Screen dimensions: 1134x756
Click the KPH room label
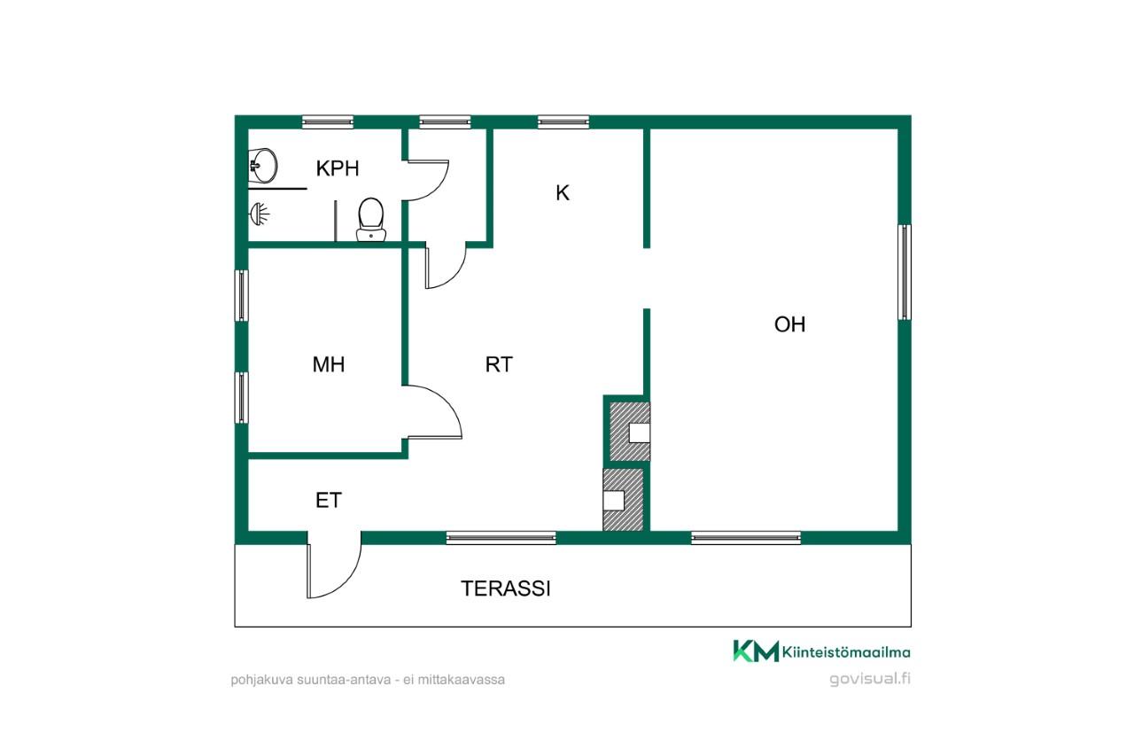[338, 168]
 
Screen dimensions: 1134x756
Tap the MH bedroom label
[329, 364]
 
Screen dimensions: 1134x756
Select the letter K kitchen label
[563, 193]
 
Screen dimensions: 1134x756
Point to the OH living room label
[789, 324]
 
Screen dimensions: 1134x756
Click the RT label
[499, 364]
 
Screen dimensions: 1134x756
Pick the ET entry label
[329, 500]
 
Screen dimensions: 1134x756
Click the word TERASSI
[506, 588]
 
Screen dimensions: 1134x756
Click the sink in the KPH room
[263, 165]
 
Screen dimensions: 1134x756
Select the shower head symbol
[260, 214]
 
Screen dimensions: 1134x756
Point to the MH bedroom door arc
[446, 405]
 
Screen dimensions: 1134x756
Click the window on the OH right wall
[905, 272]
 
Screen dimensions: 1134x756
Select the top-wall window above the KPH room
[328, 122]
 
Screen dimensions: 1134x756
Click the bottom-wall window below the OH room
[746, 538]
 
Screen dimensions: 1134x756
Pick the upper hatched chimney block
[630, 432]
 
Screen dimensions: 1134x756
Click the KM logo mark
[756, 651]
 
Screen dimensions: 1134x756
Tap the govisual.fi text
[870, 678]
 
